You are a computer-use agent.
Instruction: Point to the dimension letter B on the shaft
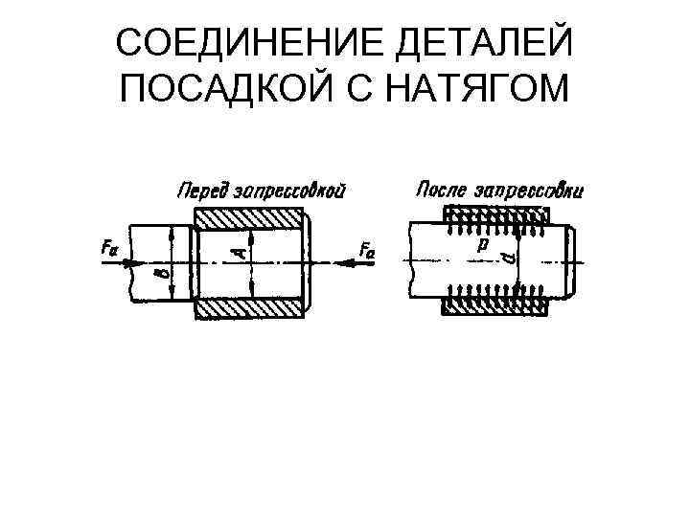click(160, 278)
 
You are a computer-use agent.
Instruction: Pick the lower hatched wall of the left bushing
click(251, 309)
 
